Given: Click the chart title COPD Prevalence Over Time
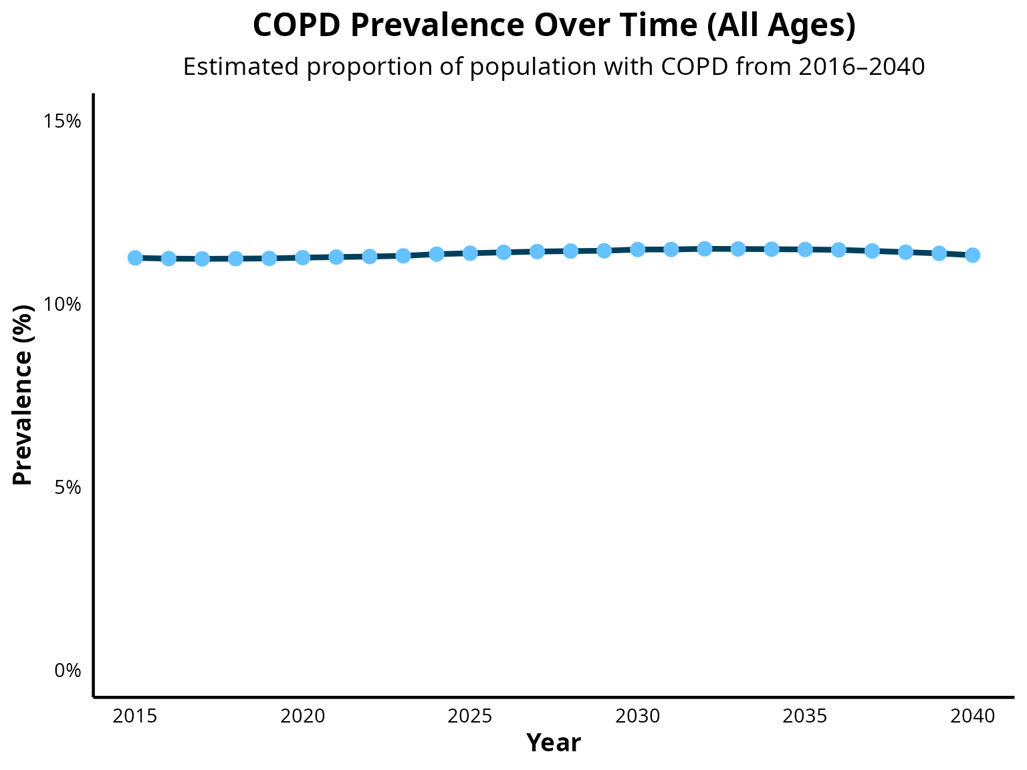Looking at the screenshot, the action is click(x=554, y=25).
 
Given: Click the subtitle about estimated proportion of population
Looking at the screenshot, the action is click(x=554, y=66).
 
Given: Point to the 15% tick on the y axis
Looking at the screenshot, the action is click(x=62, y=122).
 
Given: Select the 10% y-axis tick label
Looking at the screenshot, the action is click(x=62, y=305).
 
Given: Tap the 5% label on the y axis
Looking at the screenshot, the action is click(x=68, y=488).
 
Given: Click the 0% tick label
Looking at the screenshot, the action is click(x=68, y=671).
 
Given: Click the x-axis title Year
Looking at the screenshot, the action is click(x=554, y=743).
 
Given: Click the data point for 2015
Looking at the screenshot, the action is click(x=135, y=257).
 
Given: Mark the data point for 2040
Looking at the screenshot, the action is click(x=973, y=255).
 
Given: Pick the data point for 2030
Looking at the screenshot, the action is click(x=637, y=250).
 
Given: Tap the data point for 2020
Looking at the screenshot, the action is click(x=303, y=257).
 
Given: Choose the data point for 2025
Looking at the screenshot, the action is click(x=470, y=253).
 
